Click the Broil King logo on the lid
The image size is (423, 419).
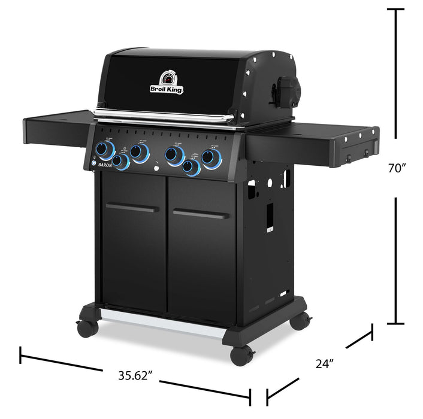[x=167, y=83]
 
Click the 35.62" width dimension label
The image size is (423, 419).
[x=135, y=376]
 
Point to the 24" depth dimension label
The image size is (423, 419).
[x=324, y=362]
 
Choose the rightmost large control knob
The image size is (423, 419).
[x=211, y=158]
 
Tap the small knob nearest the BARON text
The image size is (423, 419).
[x=122, y=162]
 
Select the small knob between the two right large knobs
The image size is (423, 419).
[x=191, y=168]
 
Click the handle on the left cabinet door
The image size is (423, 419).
[x=132, y=208]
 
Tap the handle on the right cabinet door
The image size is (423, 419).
[x=200, y=213]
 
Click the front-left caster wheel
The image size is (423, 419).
[x=87, y=328]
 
